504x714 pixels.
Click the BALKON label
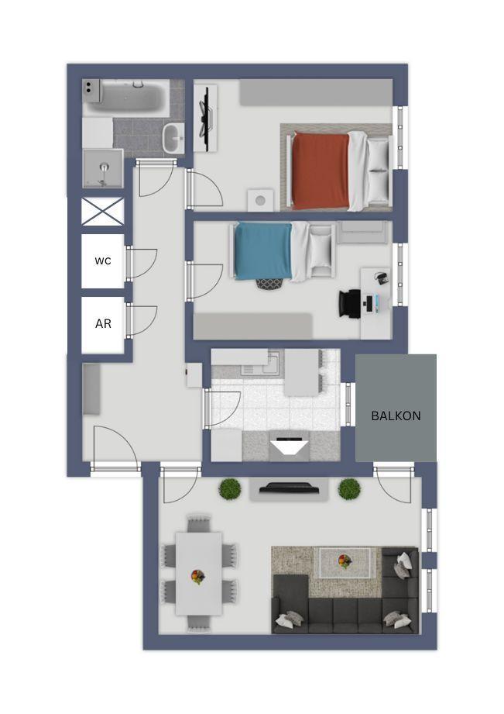click(x=396, y=416)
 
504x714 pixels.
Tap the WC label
click(x=103, y=261)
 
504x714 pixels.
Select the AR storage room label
click(x=103, y=324)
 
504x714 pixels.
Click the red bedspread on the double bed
click(x=321, y=171)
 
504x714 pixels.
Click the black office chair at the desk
click(x=350, y=302)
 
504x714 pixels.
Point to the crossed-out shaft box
click(x=103, y=211)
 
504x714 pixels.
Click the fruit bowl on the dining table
click(x=198, y=576)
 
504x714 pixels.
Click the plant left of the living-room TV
click(x=230, y=488)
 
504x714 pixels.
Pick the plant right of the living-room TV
click(x=349, y=488)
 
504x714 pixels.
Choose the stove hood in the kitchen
click(x=290, y=447)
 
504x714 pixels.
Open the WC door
click(x=142, y=264)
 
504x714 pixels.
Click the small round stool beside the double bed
click(x=261, y=199)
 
